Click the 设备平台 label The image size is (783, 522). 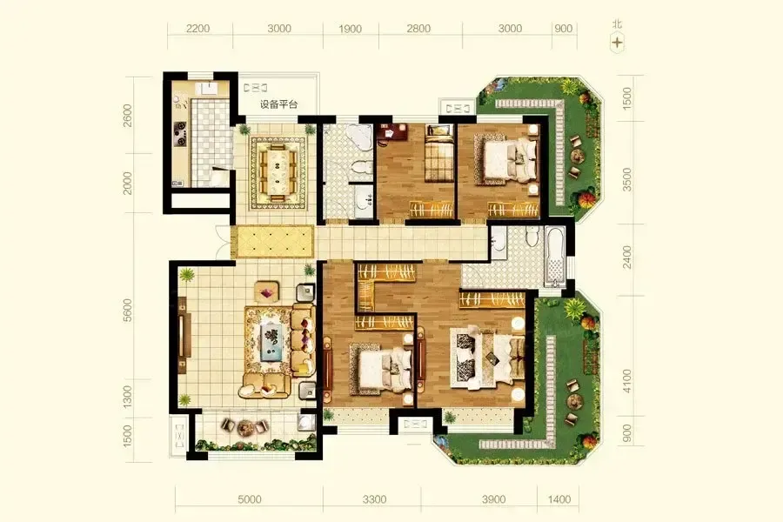pyautogui.click(x=278, y=105)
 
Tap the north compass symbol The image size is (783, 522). pyautogui.click(x=618, y=43)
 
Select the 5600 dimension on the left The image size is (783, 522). pyautogui.click(x=128, y=311)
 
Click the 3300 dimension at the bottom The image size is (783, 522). pyautogui.click(x=374, y=499)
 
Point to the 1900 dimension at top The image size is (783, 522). pyautogui.click(x=350, y=29)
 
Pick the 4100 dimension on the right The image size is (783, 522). pyautogui.click(x=626, y=381)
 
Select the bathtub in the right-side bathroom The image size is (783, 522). pyautogui.click(x=555, y=256)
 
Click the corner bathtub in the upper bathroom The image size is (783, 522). pyautogui.click(x=359, y=136)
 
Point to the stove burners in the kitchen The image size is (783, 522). pyautogui.click(x=180, y=133)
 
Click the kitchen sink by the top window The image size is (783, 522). pyautogui.click(x=206, y=89)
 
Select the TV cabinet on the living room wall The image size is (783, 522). pyautogui.click(x=183, y=334)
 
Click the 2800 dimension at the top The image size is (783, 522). pyautogui.click(x=418, y=29)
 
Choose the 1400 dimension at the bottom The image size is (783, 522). pyautogui.click(x=559, y=499)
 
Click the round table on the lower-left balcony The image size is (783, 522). pyautogui.click(x=245, y=427)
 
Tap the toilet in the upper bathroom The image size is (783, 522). pyautogui.click(x=361, y=167)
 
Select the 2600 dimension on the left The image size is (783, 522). pyautogui.click(x=128, y=116)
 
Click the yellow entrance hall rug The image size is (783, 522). pyautogui.click(x=275, y=242)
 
